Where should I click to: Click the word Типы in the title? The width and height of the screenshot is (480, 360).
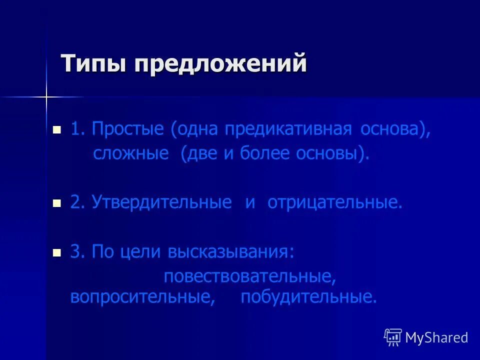click(93, 65)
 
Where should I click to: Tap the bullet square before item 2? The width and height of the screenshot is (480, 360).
click(57, 203)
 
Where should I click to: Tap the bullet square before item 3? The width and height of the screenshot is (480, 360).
click(57, 253)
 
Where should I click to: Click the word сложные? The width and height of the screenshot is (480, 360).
click(131, 153)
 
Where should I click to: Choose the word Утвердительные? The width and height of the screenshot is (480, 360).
click(161, 202)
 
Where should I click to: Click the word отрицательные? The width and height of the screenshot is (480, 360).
click(334, 202)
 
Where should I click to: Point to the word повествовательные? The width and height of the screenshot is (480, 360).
click(248, 276)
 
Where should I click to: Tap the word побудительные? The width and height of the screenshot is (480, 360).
click(308, 297)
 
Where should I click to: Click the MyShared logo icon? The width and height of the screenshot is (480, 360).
click(393, 337)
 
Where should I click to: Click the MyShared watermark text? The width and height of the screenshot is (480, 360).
click(436, 337)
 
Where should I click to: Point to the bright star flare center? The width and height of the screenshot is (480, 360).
click(46, 96)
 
